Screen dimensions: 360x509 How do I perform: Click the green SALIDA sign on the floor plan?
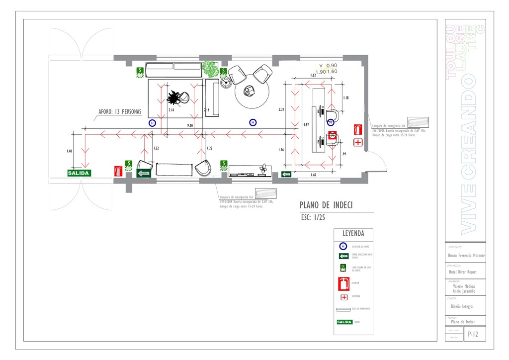pyautogui.click(x=79, y=173)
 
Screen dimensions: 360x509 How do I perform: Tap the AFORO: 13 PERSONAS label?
pyautogui.click(x=120, y=112)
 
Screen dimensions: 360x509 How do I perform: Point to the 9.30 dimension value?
pyautogui.click(x=190, y=125)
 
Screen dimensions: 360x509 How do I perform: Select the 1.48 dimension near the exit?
pyautogui.click(x=70, y=151)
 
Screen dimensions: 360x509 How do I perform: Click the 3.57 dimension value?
pyautogui.click(x=306, y=125)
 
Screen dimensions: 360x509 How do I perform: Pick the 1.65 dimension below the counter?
pyautogui.click(x=313, y=175)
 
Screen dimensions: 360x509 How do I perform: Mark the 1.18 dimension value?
pyautogui.click(x=345, y=98)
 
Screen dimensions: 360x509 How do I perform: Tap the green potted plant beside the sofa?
pyautogui.click(x=210, y=69)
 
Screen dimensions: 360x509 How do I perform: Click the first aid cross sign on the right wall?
pyautogui.click(x=357, y=143)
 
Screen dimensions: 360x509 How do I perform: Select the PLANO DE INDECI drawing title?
pyautogui.click(x=326, y=205)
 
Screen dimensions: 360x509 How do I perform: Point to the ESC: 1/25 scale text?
pyautogui.click(x=313, y=218)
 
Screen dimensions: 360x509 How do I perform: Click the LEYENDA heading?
pyautogui.click(x=353, y=234)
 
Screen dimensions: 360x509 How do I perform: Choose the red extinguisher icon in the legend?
pyautogui.click(x=343, y=284)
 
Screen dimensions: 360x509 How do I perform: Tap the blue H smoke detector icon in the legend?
pyautogui.click(x=343, y=246)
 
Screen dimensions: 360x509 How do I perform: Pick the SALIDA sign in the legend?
pyautogui.click(x=344, y=322)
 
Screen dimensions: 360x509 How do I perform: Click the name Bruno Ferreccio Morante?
pyautogui.click(x=466, y=256)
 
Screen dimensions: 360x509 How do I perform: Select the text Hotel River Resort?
pyautogui.click(x=462, y=272)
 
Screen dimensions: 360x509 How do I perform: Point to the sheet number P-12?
pyautogui.click(x=474, y=335)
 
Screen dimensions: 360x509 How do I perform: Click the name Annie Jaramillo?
pyautogui.click(x=464, y=291)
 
